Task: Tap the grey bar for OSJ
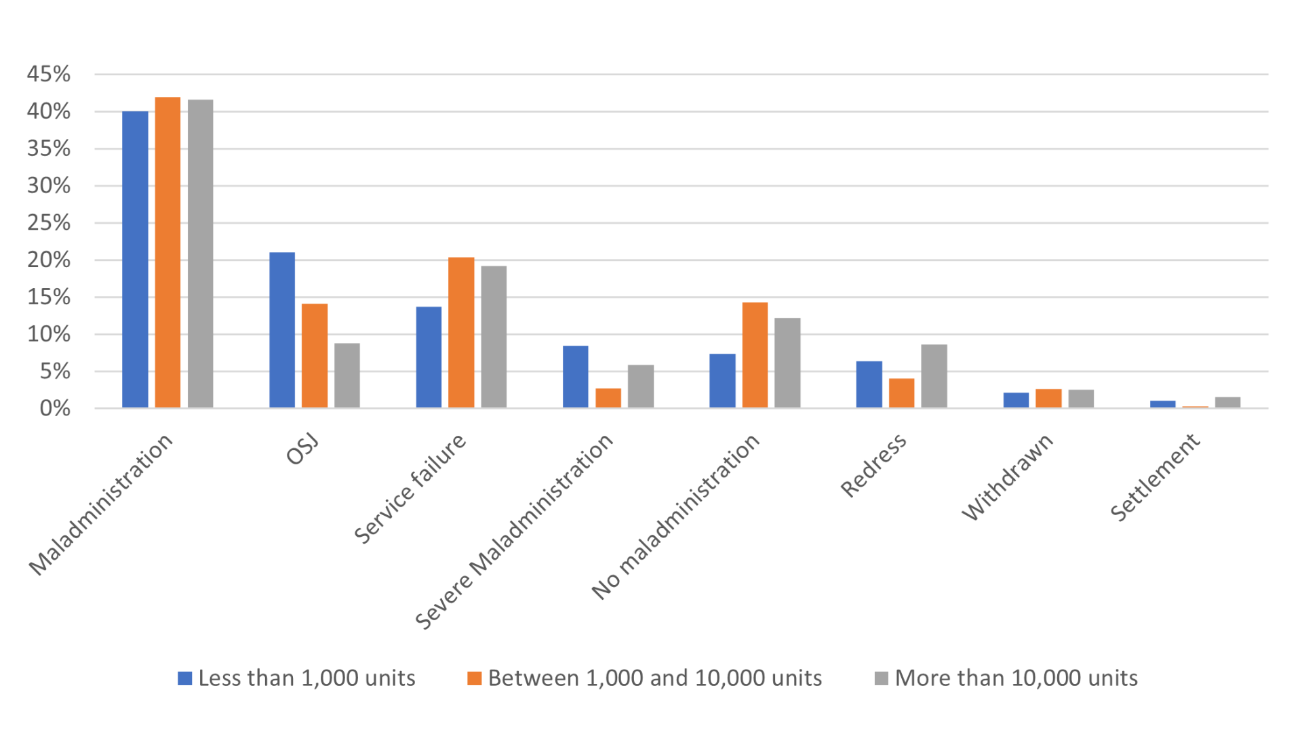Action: coord(347,375)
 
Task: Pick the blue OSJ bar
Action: coord(282,330)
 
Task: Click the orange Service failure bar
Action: coord(461,333)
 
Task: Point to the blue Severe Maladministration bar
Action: coord(576,377)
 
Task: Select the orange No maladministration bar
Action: coord(755,355)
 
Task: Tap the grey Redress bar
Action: coord(934,376)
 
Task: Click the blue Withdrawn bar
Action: coord(1016,400)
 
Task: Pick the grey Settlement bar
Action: coord(1227,402)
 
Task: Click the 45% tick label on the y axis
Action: coord(49,75)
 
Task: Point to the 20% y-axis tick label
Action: coord(49,260)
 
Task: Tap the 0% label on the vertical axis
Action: coord(54,409)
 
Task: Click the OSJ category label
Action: coord(302,450)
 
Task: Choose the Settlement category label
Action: coord(1156,477)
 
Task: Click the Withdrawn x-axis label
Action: coord(1008,477)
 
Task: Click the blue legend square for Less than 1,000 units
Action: coord(184,678)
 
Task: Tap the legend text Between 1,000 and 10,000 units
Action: coord(654,678)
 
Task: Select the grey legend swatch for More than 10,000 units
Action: coord(881,678)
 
